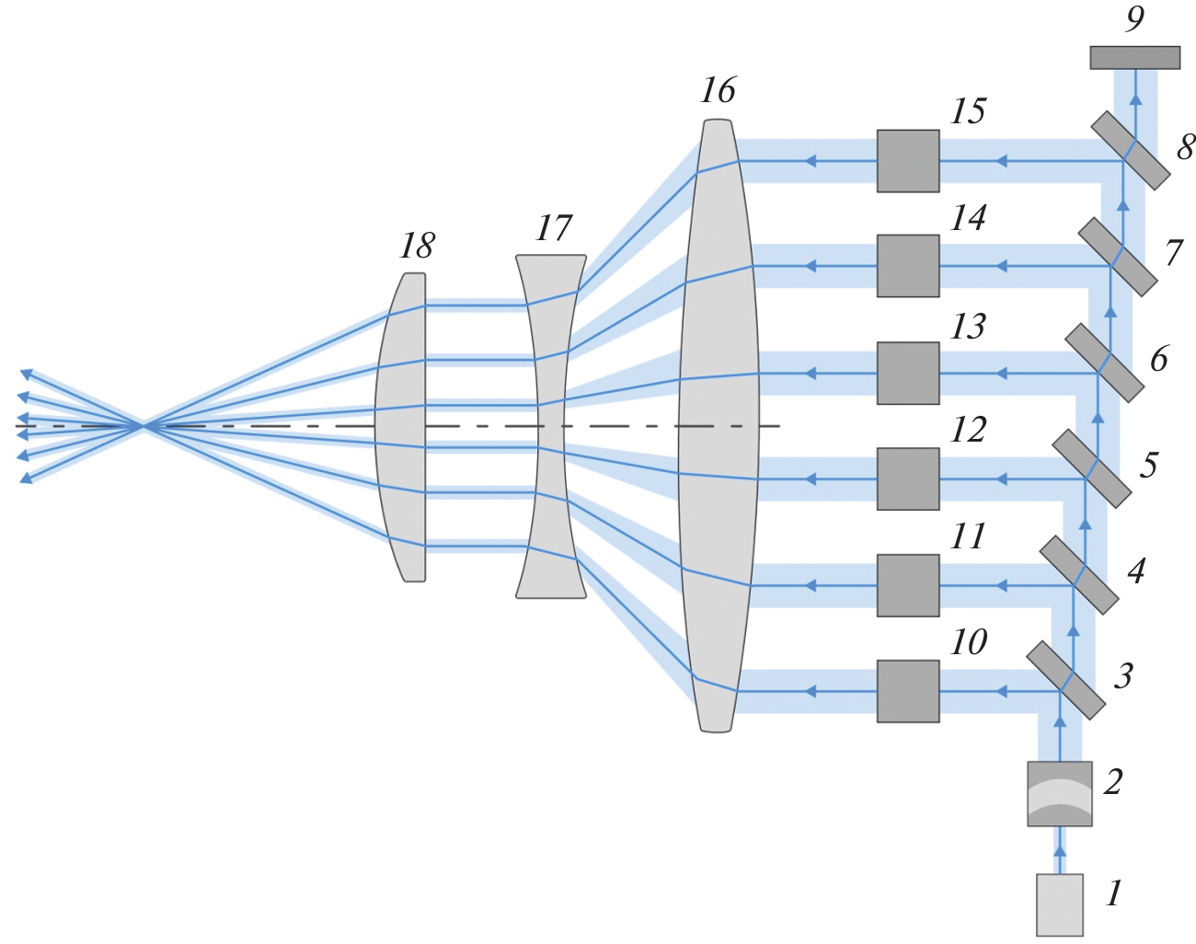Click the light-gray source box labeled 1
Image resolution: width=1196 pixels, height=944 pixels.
tap(1059, 904)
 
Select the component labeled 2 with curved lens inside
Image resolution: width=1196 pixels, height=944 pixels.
tap(1059, 793)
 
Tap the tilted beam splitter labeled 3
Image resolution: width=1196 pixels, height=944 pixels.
tap(1065, 680)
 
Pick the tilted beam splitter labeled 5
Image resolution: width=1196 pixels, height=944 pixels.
tap(1091, 468)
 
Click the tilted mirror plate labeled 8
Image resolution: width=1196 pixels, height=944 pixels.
tap(1131, 150)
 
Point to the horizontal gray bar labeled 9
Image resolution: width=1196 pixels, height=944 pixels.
tap(1134, 58)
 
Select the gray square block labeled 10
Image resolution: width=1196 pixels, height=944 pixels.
tap(908, 691)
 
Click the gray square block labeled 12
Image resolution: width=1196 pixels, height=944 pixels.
tap(908, 478)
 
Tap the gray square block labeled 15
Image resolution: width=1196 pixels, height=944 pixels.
tap(908, 161)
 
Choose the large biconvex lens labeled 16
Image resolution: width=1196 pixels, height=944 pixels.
tap(719, 425)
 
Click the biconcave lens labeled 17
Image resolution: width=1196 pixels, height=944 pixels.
tap(550, 425)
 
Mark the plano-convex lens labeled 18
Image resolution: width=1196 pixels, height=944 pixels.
tap(403, 425)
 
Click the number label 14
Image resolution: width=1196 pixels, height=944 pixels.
tap(968, 219)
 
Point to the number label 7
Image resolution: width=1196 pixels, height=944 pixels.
tap(1173, 252)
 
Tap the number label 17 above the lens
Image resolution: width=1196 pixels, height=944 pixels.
tap(554, 228)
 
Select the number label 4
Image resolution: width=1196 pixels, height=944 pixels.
tap(1136, 571)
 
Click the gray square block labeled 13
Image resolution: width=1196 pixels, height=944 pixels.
tap(908, 373)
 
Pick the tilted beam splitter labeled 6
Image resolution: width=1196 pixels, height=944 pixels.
tap(1104, 363)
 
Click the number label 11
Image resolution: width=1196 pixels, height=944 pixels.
tap(968, 536)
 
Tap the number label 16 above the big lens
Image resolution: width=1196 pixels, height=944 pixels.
tap(718, 90)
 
